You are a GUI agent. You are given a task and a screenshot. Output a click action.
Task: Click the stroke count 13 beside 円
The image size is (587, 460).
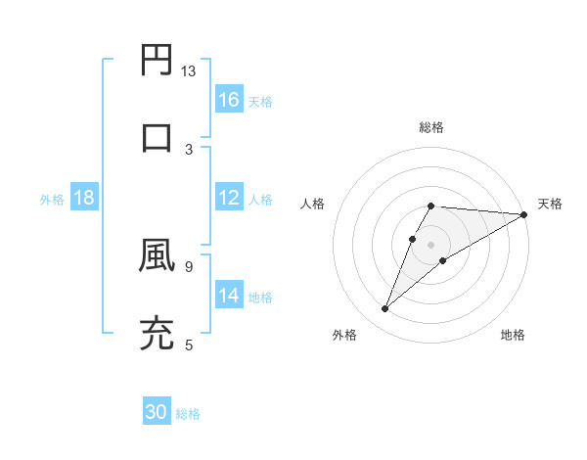coord(189,71)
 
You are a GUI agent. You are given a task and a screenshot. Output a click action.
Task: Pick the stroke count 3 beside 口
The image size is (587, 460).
coord(189,149)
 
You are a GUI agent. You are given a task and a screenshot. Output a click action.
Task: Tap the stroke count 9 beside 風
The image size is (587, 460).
coord(189,265)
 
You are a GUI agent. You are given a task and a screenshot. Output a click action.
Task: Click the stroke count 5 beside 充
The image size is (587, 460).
coord(189,344)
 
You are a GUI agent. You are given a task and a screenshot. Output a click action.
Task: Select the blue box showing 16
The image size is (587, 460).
coord(229,100)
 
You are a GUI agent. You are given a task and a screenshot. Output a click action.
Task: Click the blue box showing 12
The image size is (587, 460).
coord(229,198)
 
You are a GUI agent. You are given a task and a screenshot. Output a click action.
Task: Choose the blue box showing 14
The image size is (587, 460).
coord(229,295)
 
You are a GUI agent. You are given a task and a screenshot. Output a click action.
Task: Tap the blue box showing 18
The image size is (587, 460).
coord(84,198)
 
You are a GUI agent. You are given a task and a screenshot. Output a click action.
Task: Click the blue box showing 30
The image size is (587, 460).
coord(157,413)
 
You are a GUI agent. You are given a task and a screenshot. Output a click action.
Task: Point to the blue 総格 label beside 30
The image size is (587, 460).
coord(188,414)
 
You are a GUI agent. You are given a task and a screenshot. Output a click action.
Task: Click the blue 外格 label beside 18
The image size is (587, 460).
coord(52,199)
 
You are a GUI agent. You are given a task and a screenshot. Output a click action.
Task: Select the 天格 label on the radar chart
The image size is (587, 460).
coord(551,204)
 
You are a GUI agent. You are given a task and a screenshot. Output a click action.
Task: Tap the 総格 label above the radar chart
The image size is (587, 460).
coord(431,127)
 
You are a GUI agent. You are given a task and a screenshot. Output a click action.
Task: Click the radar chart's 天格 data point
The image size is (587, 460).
coord(524,214)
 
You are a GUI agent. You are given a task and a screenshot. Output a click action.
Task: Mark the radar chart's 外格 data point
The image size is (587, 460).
coord(384,309)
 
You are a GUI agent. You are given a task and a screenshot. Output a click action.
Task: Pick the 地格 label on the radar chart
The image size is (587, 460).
coord(513,336)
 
